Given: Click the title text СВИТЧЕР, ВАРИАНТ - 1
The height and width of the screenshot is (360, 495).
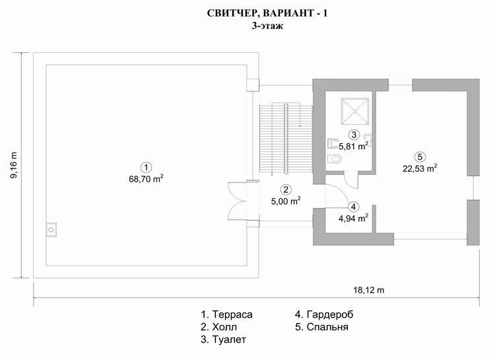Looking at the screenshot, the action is point(267,13).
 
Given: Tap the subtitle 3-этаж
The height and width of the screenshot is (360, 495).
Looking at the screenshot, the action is point(267,26).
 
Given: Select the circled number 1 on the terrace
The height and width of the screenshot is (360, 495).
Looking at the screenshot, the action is point(146,168).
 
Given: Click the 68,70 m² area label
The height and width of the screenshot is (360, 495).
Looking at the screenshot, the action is point(146,179).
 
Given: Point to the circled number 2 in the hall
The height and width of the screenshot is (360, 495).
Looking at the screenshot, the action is point(286,190).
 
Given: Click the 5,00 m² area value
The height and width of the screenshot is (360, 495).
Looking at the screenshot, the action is point(286,201).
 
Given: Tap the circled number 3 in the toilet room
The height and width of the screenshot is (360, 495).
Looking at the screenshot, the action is point(354,135).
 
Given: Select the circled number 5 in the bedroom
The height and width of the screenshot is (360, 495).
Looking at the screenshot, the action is point(420,157).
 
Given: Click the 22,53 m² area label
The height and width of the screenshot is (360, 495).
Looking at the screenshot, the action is point(420,168).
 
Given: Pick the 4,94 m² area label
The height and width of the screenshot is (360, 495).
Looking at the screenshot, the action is point(353,218).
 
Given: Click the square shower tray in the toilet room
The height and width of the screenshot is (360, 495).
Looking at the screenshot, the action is point(355,111).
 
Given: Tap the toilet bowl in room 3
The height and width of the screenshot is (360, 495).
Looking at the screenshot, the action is point(335,159).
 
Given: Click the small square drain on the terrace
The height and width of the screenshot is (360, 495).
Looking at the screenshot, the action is point(51,230).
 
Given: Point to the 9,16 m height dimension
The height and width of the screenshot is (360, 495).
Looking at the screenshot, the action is point(14,165).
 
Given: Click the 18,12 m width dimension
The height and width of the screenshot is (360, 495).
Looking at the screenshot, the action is point(368,290).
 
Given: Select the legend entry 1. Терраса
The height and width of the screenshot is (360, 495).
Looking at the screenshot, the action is point(226,314).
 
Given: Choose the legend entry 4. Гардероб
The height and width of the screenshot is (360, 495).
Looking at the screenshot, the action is point(324,314).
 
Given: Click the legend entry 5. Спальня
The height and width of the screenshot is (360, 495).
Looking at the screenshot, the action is point(321,327).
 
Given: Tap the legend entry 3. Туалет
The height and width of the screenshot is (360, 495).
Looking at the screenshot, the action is point(223,340).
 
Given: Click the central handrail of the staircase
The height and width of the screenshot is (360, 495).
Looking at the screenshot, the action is point(286,139).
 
